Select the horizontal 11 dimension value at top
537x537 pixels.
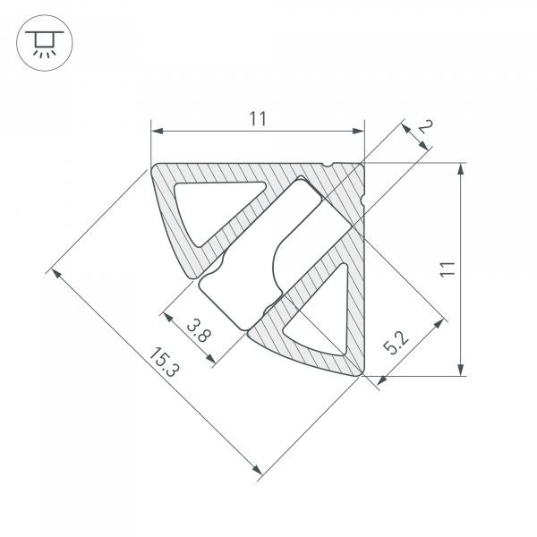click(258, 118)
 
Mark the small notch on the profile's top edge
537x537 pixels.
click(330, 165)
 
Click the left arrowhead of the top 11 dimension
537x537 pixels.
click(155, 132)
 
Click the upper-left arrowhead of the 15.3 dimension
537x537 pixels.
click(55, 272)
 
